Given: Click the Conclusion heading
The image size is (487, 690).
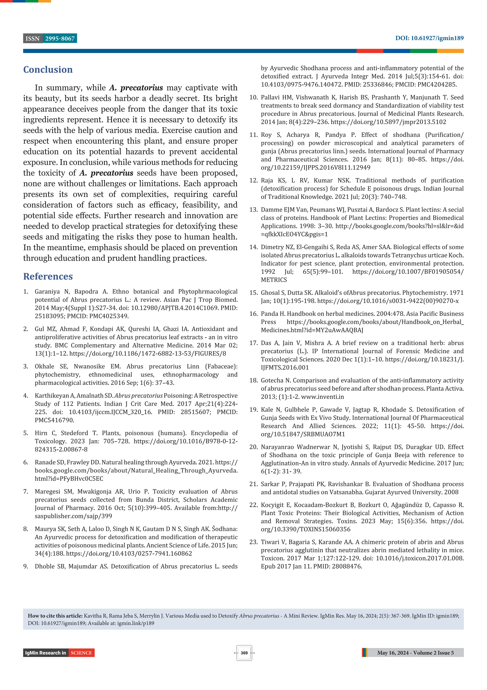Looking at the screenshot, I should (x=48, y=70).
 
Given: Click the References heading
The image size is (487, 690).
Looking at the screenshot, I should (x=48, y=277).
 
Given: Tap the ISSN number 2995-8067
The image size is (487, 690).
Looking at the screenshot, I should (x=60, y=39).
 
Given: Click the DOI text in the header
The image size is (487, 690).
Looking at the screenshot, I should (x=429, y=38).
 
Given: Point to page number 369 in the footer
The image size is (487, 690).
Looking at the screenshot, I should (x=244, y=653).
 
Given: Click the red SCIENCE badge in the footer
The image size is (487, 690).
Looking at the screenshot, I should (x=81, y=653).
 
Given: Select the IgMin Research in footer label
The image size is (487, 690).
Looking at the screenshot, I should (x=46, y=653).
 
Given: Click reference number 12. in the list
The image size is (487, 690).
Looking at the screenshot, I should (x=253, y=181).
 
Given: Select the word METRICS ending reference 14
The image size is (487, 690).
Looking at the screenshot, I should (x=274, y=280).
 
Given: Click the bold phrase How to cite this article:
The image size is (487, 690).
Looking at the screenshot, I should (x=55, y=616).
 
